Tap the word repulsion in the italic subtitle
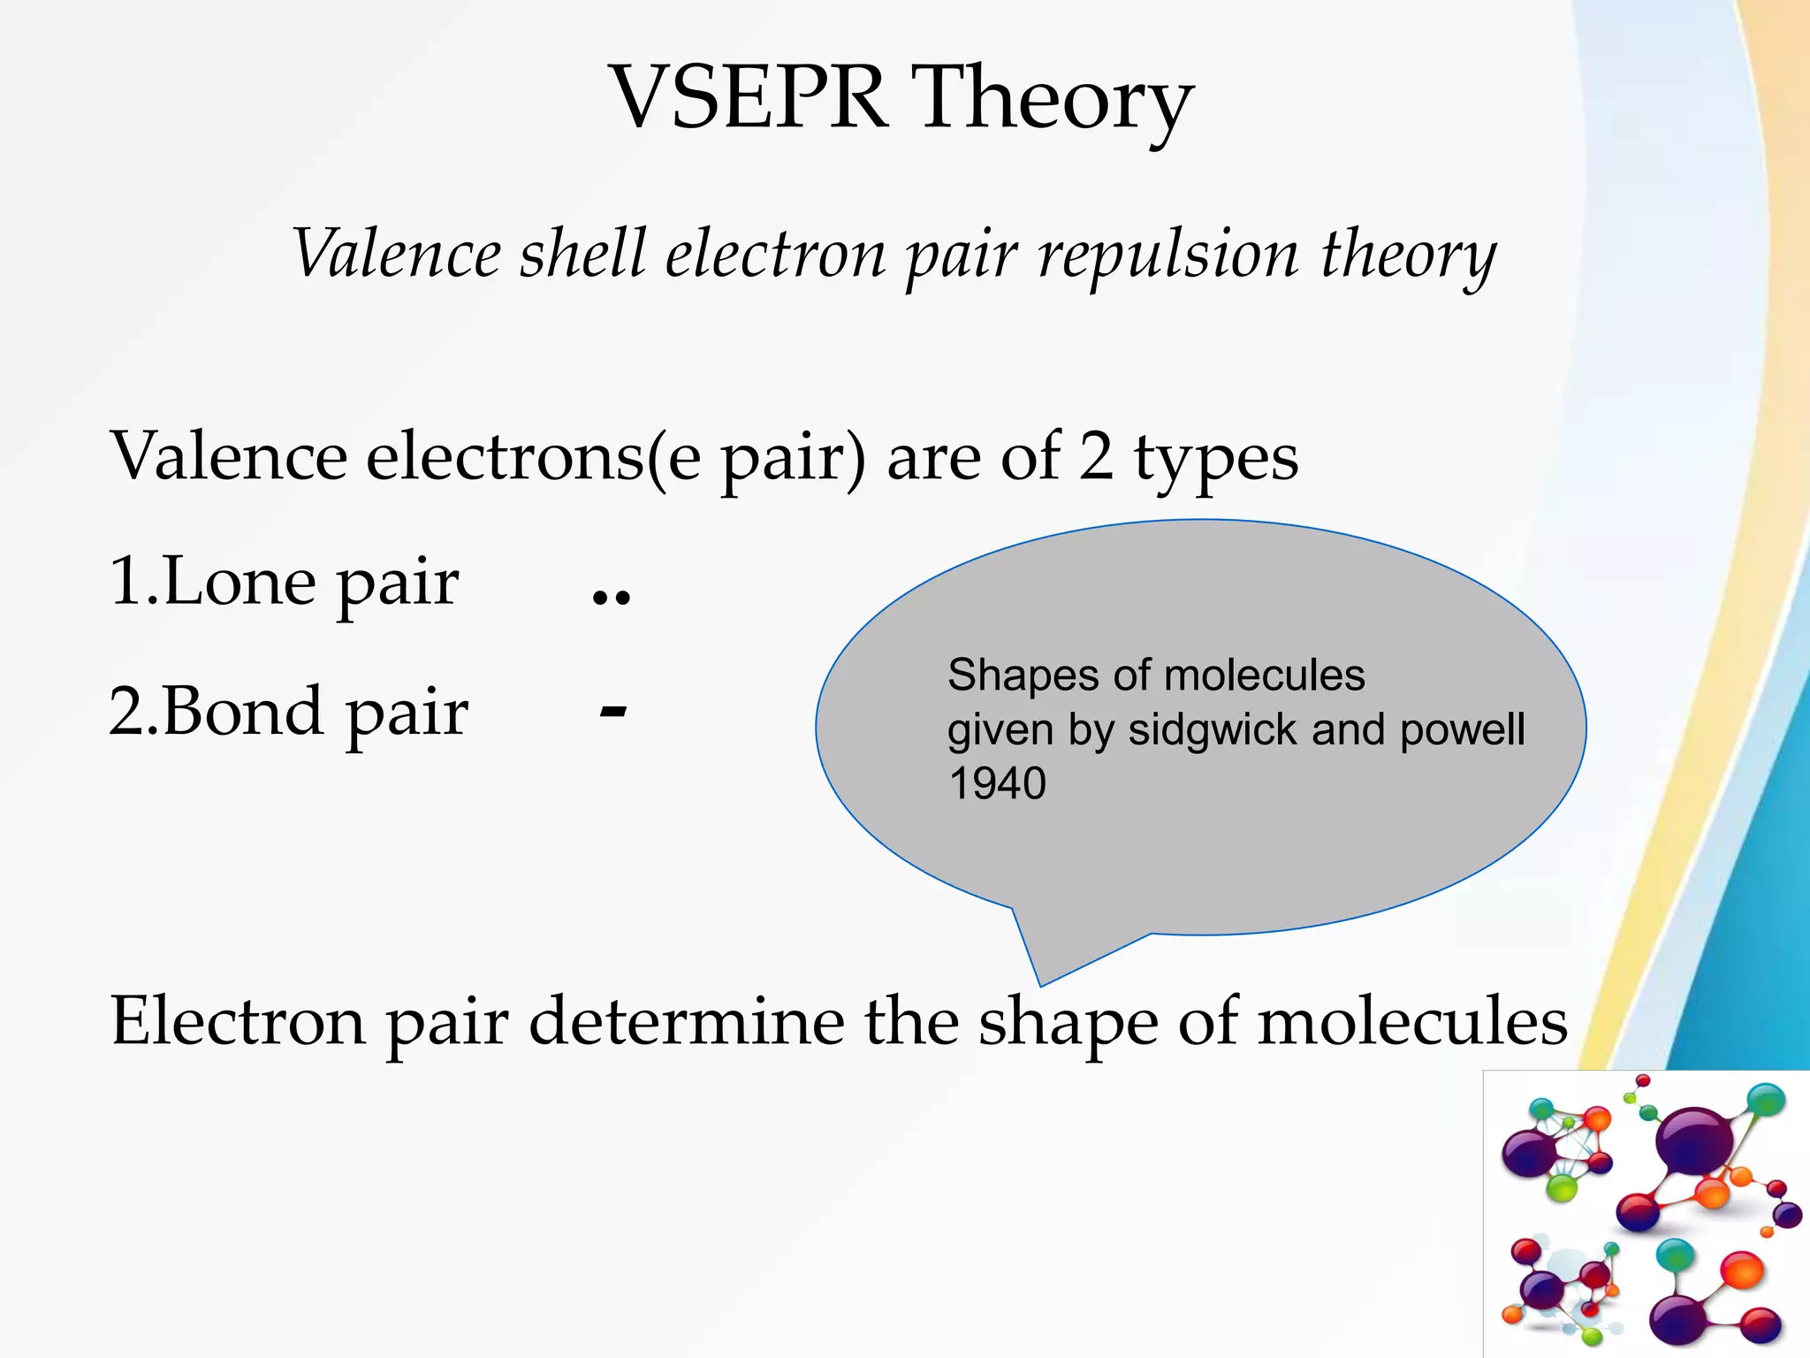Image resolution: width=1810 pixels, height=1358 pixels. tap(1167, 255)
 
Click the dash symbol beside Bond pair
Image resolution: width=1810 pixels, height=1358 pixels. tap(612, 711)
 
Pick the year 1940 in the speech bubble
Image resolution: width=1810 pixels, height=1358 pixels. tap(997, 783)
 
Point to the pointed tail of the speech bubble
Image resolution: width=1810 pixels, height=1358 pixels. tap(1041, 980)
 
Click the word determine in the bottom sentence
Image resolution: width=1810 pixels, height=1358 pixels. tap(686, 1022)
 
